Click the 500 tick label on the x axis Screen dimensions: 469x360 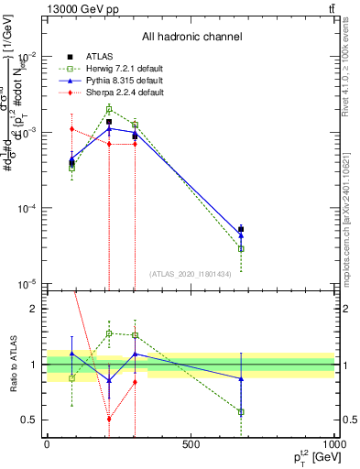(191, 444)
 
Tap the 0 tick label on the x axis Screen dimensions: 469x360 (47, 444)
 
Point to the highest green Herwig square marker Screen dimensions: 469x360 (109, 110)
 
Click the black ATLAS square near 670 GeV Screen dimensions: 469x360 (241, 229)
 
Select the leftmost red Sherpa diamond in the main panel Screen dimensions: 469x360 (71, 128)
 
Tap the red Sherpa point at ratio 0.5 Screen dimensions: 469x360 (109, 419)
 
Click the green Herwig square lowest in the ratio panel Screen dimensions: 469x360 (241, 412)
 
